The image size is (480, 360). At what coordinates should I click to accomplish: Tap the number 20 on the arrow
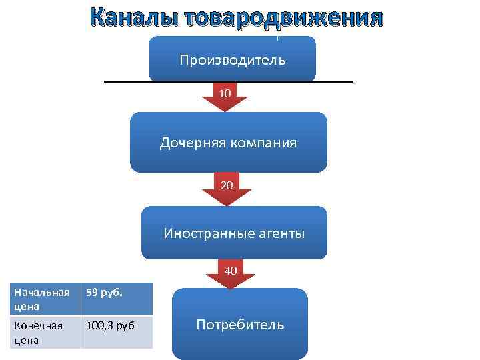(x=227, y=185)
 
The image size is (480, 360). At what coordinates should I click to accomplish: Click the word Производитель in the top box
(x=232, y=60)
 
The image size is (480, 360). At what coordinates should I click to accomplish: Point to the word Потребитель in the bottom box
(x=240, y=325)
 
